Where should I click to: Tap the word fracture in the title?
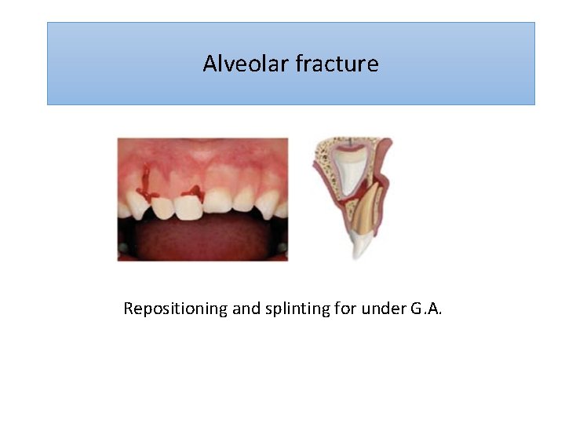pos(337,64)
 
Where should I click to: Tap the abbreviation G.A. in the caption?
pos(425,309)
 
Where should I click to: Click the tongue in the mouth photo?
pos(202,239)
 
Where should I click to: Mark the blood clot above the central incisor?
pos(191,191)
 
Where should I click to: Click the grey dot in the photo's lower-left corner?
pos(123,249)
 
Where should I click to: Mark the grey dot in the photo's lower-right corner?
pos(282,249)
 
